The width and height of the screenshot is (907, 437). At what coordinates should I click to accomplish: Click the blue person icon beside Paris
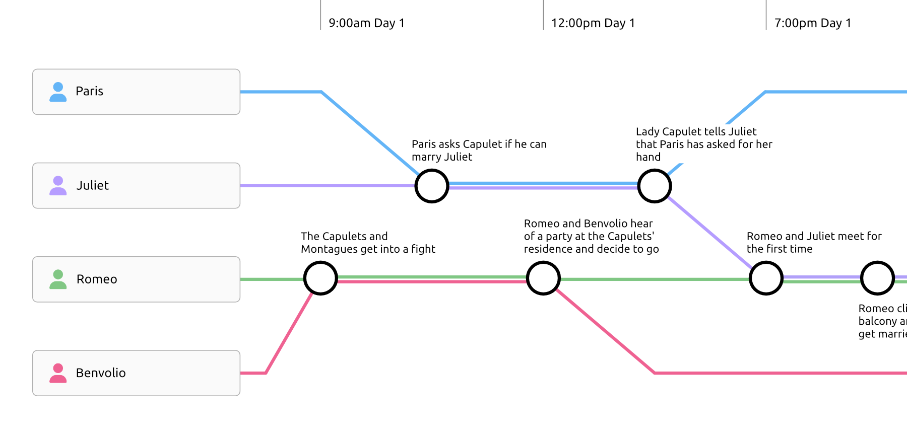click(x=58, y=92)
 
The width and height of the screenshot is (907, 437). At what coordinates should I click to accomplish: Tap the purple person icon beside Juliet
click(x=58, y=185)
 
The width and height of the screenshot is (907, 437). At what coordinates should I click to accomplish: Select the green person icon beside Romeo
click(x=58, y=279)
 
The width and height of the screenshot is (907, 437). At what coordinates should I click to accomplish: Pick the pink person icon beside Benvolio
click(x=58, y=373)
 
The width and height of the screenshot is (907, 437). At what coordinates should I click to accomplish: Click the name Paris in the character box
click(x=89, y=91)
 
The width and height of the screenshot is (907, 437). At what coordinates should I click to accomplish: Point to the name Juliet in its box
click(x=92, y=185)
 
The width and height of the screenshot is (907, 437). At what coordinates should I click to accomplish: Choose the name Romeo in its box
click(x=97, y=279)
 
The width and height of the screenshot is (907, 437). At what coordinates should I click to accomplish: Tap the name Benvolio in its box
click(x=101, y=373)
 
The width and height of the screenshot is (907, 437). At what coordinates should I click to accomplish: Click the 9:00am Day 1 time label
click(x=366, y=23)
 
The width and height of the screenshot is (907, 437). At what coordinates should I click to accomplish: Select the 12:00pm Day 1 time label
click(x=593, y=23)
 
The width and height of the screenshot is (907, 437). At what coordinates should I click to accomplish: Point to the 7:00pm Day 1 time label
click(x=812, y=23)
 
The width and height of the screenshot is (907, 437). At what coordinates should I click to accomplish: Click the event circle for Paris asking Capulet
click(x=432, y=186)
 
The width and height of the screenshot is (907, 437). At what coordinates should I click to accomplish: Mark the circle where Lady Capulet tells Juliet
click(x=655, y=186)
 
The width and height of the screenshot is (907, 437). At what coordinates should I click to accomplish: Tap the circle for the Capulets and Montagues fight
click(x=320, y=278)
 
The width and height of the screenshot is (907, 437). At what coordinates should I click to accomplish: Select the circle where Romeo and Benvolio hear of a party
click(x=543, y=278)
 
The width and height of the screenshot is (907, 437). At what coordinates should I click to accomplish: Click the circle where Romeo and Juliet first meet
click(x=766, y=278)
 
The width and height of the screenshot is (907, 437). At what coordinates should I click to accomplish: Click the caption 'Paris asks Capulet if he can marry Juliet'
click(x=479, y=151)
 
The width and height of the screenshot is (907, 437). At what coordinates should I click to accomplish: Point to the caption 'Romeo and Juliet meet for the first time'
click(x=814, y=242)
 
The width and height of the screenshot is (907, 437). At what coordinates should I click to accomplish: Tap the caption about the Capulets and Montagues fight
click(x=368, y=242)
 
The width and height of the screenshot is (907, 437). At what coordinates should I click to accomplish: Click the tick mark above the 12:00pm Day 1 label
click(x=543, y=15)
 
